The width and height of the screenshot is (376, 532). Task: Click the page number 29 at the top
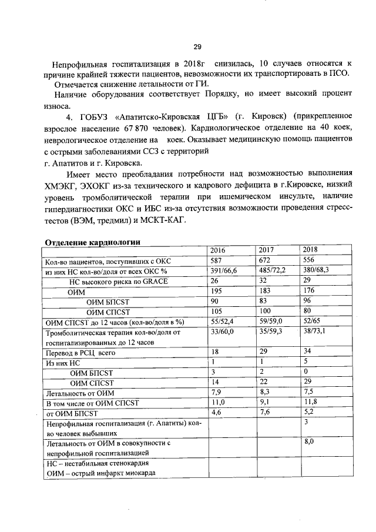pyautogui.click(x=197, y=47)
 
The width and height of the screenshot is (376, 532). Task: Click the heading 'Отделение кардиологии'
pyautogui.click(x=93, y=241)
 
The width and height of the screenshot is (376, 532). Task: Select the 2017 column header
pyautogui.click(x=267, y=250)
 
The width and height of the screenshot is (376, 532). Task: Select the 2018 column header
pyautogui.click(x=310, y=250)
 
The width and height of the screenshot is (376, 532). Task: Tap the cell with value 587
pyautogui.click(x=217, y=261)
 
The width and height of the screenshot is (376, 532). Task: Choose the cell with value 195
pyautogui.click(x=217, y=292)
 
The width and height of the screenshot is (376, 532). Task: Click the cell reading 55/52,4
pyautogui.click(x=222, y=322)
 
